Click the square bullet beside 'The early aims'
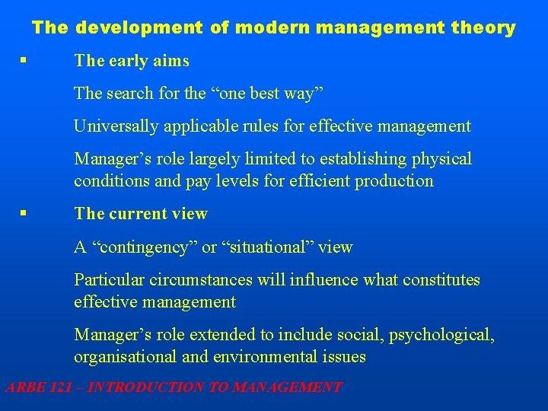26,60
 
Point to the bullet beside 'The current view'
26,214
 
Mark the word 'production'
393,181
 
